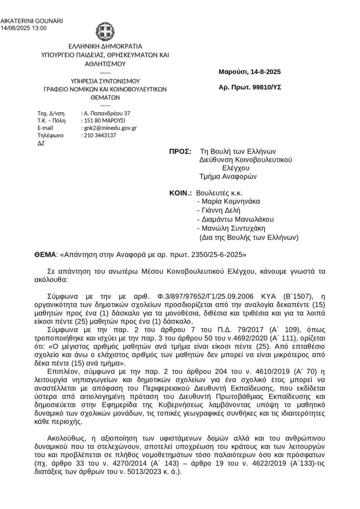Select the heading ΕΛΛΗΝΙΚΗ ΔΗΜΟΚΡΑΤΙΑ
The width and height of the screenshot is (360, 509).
click(105, 47)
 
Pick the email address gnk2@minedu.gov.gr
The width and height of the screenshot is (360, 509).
click(110, 128)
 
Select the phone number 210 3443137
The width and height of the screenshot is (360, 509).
click(99, 135)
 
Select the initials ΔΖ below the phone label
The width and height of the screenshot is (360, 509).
click(41, 143)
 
